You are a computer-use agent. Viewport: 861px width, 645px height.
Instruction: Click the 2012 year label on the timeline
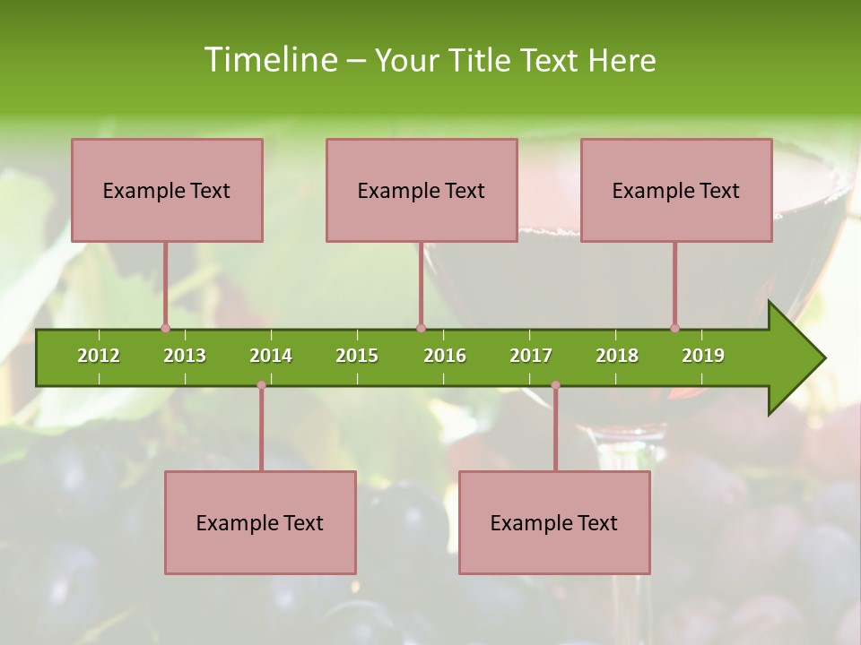(99, 356)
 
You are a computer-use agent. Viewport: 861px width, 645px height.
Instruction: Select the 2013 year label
(185, 356)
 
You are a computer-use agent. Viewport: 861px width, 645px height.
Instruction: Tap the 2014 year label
(271, 356)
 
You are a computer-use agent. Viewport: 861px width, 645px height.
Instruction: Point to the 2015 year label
(357, 356)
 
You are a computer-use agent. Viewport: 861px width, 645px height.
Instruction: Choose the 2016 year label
(445, 356)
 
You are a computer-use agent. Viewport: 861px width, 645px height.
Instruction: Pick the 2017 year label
(531, 356)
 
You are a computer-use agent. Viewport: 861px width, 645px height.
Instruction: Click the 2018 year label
(617, 356)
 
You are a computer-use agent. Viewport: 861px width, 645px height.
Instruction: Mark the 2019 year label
(703, 356)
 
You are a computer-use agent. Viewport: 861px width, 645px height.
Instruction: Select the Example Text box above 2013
(167, 190)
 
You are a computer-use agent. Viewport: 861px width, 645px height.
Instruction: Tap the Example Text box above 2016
(422, 190)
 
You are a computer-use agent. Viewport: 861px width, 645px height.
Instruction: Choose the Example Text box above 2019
(676, 190)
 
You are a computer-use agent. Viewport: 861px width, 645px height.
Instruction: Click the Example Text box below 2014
(260, 522)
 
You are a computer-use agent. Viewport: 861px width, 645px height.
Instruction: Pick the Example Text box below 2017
(554, 522)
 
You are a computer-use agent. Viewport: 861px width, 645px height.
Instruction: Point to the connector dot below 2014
(261, 385)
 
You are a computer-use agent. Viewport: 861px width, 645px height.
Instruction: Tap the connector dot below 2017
(555, 385)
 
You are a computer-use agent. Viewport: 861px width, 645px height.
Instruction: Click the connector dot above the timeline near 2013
(165, 328)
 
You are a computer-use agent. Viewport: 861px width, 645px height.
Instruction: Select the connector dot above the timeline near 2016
(421, 328)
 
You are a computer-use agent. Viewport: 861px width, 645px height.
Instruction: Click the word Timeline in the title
(269, 60)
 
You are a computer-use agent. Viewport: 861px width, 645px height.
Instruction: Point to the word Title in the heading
(482, 60)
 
